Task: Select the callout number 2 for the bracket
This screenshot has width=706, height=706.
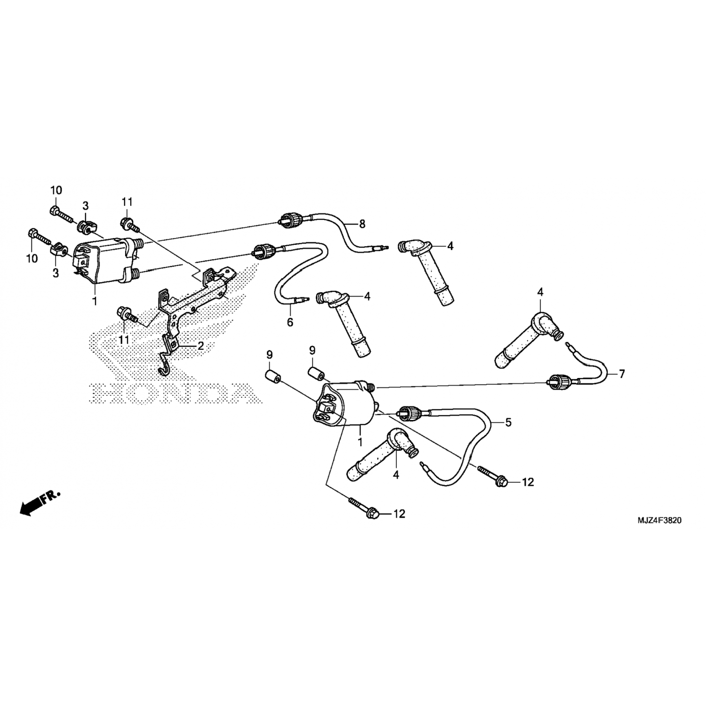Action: click(x=201, y=346)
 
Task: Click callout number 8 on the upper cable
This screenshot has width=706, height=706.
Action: click(x=362, y=225)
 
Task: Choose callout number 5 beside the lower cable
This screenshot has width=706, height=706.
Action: click(x=508, y=422)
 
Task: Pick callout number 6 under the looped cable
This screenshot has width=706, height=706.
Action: click(x=290, y=322)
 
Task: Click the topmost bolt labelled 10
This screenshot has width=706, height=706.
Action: click(x=60, y=215)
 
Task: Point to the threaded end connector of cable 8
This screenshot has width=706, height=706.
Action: click(x=289, y=219)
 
